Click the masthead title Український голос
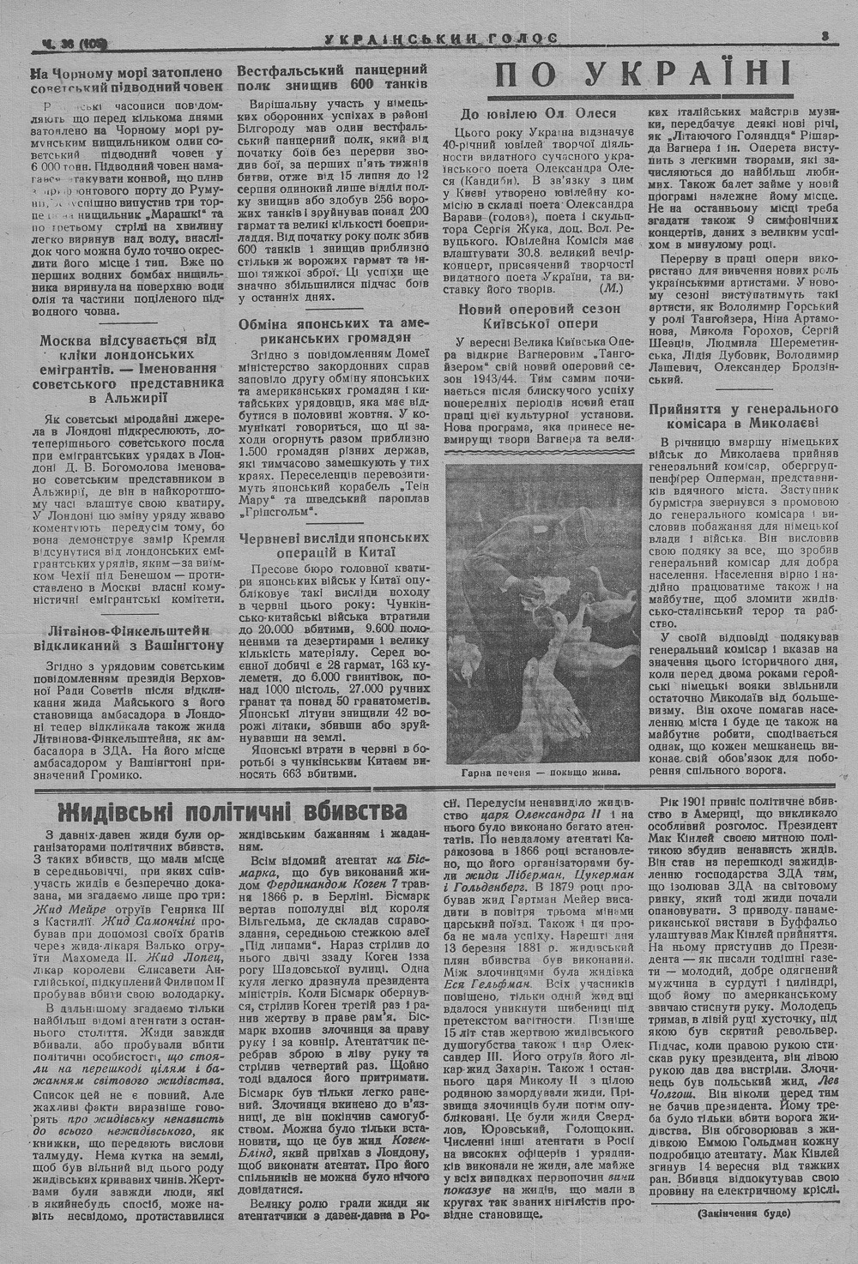(442, 37)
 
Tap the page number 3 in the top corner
(823, 36)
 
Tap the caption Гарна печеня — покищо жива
(540, 772)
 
